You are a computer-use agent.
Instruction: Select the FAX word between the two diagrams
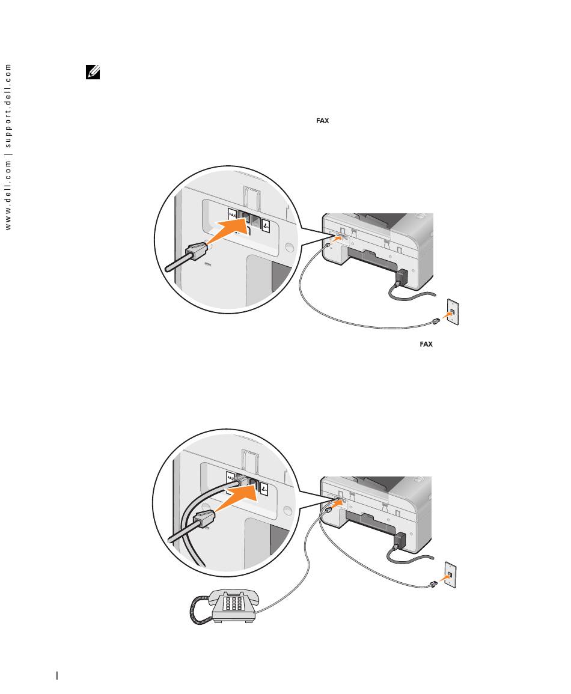pos(426,344)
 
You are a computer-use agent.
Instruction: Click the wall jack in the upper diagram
pos(453,313)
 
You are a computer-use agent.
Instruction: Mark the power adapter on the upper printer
pos(401,278)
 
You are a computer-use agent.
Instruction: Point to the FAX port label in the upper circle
pos(233,214)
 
